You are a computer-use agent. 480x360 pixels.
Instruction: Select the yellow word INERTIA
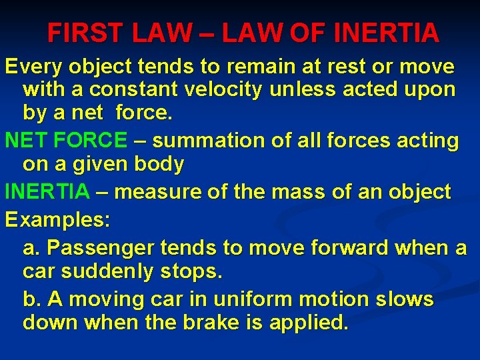click(47, 193)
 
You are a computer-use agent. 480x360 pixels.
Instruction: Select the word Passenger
click(99, 249)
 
